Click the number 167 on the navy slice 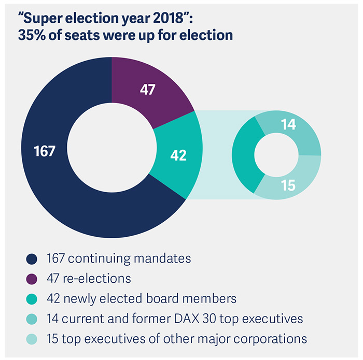(x=45, y=151)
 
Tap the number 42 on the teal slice (x=178, y=155)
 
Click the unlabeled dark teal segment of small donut (x=244, y=155)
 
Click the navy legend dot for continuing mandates (x=33, y=258)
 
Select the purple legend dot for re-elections (x=33, y=278)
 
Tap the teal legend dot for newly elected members (x=33, y=299)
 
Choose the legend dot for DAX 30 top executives (x=33, y=319)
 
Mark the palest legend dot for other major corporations (x=33, y=339)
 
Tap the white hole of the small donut (x=276, y=155)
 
